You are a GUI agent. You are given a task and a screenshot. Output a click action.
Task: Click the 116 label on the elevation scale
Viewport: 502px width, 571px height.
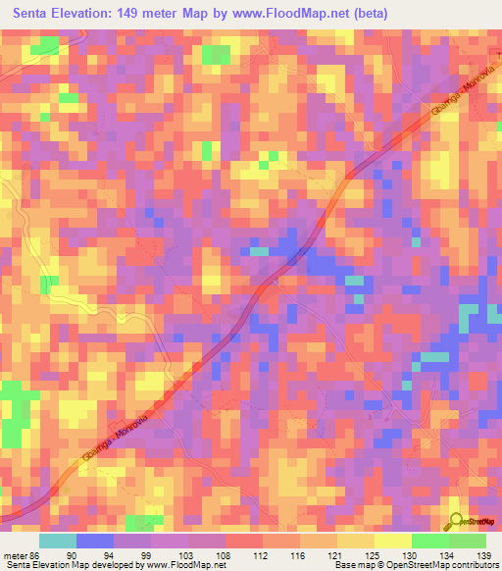[x=304, y=554]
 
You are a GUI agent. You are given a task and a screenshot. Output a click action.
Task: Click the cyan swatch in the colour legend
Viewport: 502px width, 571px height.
[x=58, y=541]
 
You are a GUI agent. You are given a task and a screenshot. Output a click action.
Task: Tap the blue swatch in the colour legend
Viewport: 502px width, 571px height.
[x=95, y=541]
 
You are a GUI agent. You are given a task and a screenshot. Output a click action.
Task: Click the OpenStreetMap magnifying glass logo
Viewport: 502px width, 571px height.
[x=457, y=521]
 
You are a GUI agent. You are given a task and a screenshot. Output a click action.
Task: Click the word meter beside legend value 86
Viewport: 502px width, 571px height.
[x=14, y=554]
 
